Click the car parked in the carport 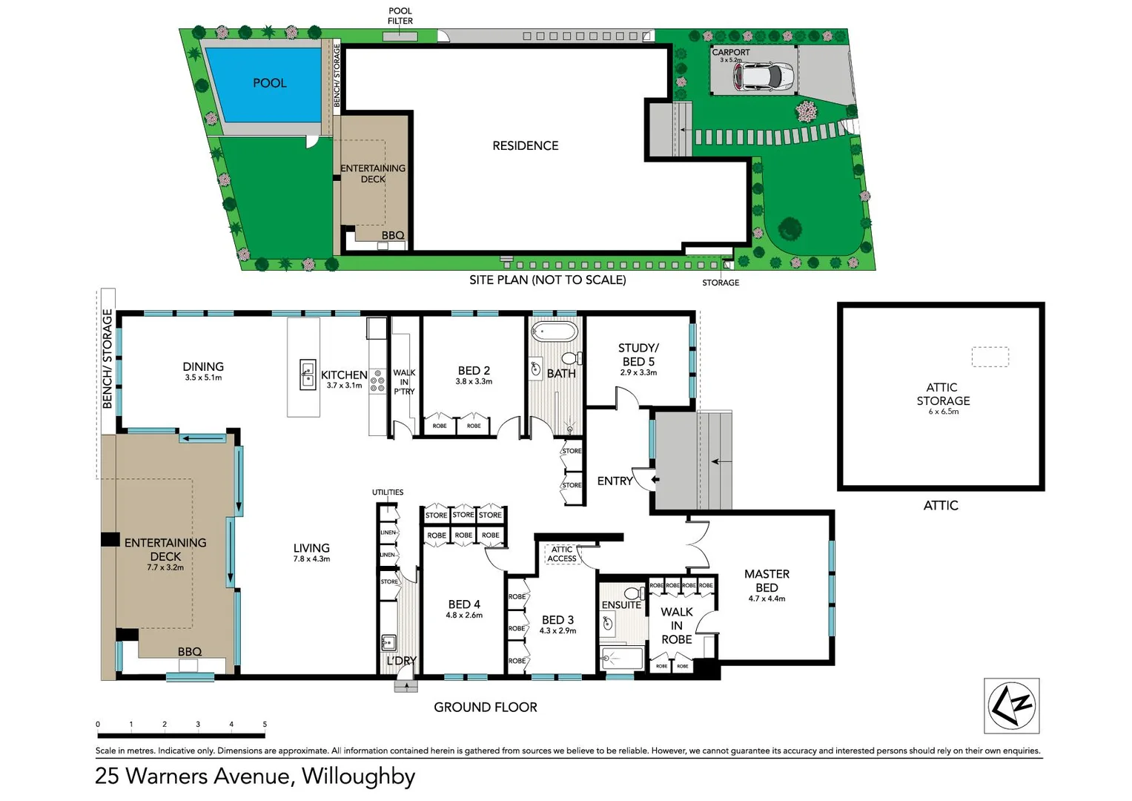click(x=763, y=76)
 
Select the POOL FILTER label click(x=400, y=16)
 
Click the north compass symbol click(x=1012, y=705)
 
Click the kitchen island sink click(x=308, y=375)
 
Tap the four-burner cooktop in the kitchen click(x=377, y=381)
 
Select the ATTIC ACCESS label click(x=562, y=554)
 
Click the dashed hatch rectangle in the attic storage click(x=990, y=357)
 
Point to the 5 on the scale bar click(x=265, y=725)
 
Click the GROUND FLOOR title click(x=486, y=708)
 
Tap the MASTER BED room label click(x=767, y=581)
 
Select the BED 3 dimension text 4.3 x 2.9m click(x=557, y=631)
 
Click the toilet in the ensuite click(x=633, y=593)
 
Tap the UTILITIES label click(x=388, y=492)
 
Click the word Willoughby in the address click(x=358, y=776)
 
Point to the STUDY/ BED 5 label click(x=638, y=355)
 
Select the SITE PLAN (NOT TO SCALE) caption click(x=547, y=280)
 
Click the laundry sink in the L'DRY click(x=388, y=642)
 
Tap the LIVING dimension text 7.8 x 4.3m click(x=311, y=559)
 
